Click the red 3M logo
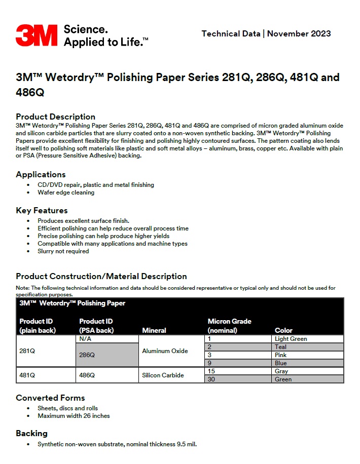pyautogui.click(x=37, y=35)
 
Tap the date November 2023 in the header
pyautogui.click(x=299, y=34)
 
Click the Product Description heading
pyautogui.click(x=55, y=117)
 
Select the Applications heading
pyautogui.click(x=41, y=174)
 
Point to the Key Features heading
pyautogui.click(x=42, y=210)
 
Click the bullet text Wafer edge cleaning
pyautogui.click(x=66, y=192)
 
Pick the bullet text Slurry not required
pyautogui.click(x=63, y=251)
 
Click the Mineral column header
pyautogui.click(x=154, y=330)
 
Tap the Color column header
pyautogui.click(x=283, y=330)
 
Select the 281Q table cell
pyautogui.click(x=27, y=351)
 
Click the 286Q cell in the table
pyautogui.click(x=87, y=355)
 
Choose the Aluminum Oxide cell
pyautogui.click(x=165, y=351)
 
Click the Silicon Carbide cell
pyautogui.click(x=163, y=375)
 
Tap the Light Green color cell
pyautogui.click(x=291, y=339)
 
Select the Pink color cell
pyautogui.click(x=280, y=355)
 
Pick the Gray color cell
pyautogui.click(x=281, y=371)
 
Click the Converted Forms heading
pyautogui.click(x=50, y=398)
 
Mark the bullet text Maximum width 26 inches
pyautogui.click(x=74, y=416)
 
